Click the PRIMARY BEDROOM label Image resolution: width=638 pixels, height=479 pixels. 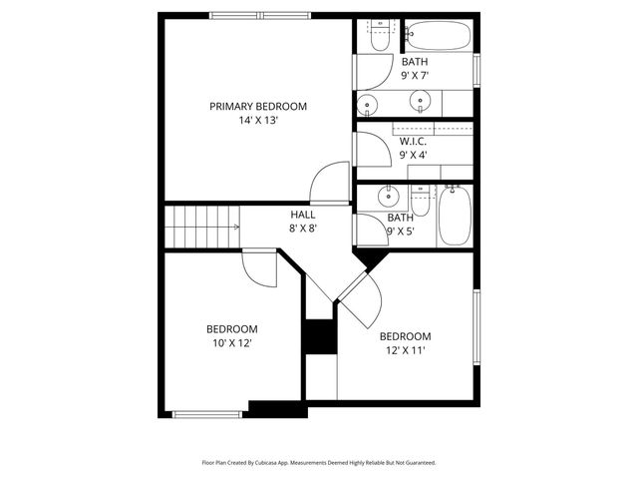coord(257,106)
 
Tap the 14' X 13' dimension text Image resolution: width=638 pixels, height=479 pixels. coord(257,121)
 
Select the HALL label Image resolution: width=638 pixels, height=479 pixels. coord(303,215)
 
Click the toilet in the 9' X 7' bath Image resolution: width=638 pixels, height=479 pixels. coord(380,39)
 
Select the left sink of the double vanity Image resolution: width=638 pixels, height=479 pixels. coord(369,103)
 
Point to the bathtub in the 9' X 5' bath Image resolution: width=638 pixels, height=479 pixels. coord(456,217)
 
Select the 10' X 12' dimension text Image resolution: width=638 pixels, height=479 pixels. coord(231,343)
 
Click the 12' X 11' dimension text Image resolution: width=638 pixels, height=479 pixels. coord(405,350)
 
